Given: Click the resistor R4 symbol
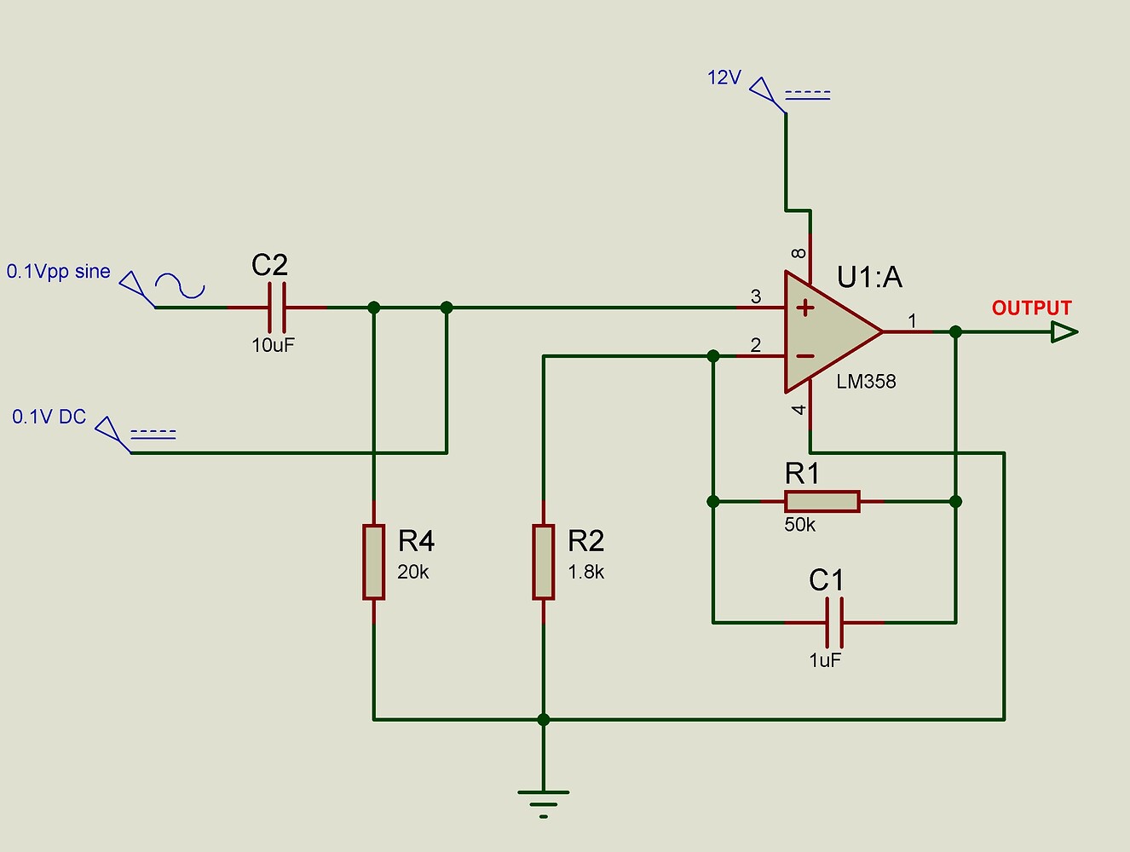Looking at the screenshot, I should click(x=373, y=562).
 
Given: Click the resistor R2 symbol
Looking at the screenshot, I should click(x=544, y=562).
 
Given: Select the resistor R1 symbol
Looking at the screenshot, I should click(x=822, y=501).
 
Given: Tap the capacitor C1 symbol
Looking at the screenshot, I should click(x=834, y=623).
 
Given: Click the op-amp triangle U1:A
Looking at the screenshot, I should click(x=827, y=332).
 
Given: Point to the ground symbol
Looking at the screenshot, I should click(x=544, y=802).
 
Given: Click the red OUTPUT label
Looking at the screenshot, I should click(x=1031, y=308).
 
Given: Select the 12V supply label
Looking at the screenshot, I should click(x=724, y=78).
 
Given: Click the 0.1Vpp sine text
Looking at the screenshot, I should click(x=59, y=272).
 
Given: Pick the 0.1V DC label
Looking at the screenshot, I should click(x=49, y=417).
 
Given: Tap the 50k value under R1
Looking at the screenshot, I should click(x=799, y=526).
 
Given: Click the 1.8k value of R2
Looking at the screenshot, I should click(x=586, y=573).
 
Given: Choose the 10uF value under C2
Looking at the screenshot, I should click(x=273, y=345).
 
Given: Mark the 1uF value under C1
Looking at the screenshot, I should click(x=825, y=660).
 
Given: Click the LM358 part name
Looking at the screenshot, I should click(x=866, y=382).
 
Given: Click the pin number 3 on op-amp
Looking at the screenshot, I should click(x=756, y=296).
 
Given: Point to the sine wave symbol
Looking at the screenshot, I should click(x=180, y=286).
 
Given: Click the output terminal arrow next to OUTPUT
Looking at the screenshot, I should click(x=1064, y=331).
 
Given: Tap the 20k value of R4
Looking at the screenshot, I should click(x=413, y=573).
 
